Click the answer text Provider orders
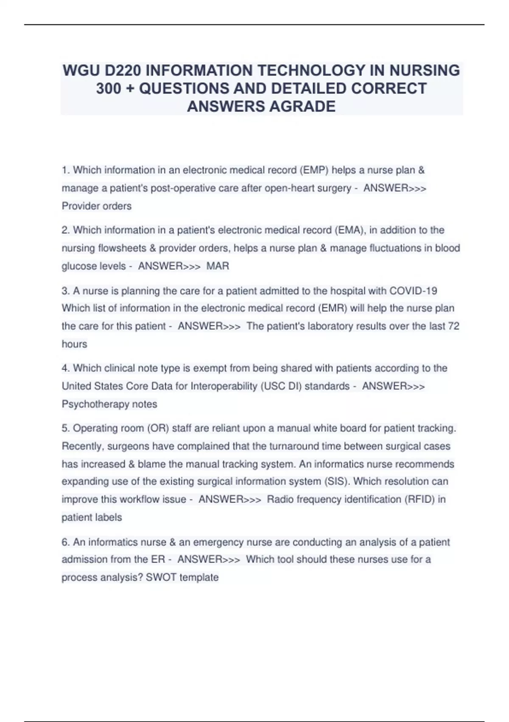click(x=97, y=206)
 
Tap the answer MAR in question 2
click(x=218, y=266)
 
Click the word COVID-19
click(x=413, y=291)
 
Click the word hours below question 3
click(x=74, y=344)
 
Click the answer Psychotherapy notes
click(x=109, y=404)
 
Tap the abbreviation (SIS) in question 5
click(x=337, y=482)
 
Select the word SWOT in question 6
click(x=161, y=578)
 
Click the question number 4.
click(x=65, y=368)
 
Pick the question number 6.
click(x=65, y=542)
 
